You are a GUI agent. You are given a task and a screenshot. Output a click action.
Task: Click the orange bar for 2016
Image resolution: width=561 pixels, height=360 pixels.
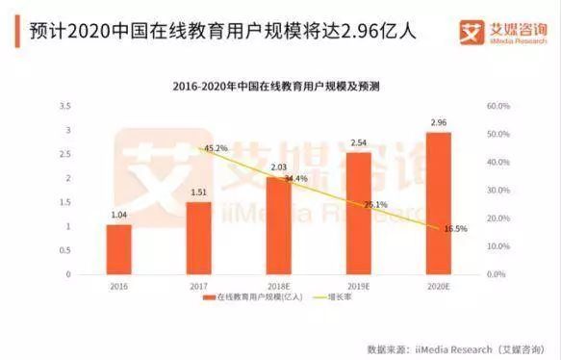[x=118, y=249]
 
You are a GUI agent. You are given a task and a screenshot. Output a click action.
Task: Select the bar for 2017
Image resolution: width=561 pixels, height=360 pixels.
[x=198, y=238]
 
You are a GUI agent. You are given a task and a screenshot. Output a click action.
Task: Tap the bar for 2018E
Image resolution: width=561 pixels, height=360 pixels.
[x=278, y=225]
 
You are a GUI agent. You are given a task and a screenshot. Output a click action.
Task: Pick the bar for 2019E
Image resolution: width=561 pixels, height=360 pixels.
[x=358, y=213]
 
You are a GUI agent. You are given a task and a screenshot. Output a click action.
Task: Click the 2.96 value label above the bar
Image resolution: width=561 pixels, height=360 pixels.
[x=439, y=123]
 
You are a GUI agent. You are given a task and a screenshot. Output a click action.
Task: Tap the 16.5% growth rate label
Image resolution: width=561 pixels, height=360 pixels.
[x=454, y=229]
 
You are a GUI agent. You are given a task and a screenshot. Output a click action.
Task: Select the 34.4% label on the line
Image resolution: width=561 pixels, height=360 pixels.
[x=293, y=179]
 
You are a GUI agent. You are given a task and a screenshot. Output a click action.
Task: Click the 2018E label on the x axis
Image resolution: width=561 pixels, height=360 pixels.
[x=278, y=285]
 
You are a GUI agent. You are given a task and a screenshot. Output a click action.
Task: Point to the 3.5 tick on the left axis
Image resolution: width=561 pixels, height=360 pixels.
[x=64, y=105]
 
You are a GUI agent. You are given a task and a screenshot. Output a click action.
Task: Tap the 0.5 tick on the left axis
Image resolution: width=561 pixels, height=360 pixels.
[x=64, y=250]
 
